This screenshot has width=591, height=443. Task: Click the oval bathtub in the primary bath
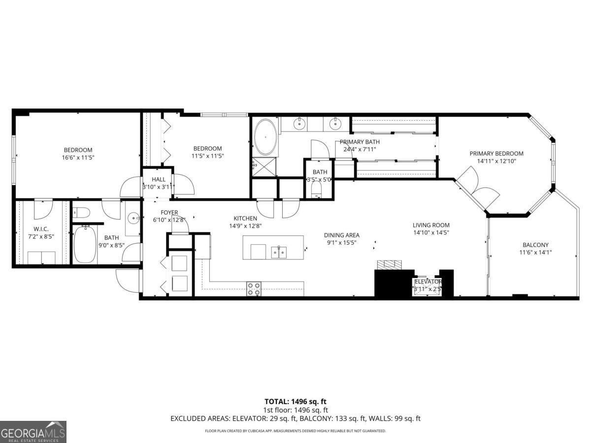pos(265,137)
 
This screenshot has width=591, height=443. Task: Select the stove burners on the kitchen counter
pos(254,289)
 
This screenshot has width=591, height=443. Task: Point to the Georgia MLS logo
pos(33,432)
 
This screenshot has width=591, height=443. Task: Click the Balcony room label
pos(535,245)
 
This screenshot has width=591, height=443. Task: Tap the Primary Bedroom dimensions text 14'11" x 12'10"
pos(496,160)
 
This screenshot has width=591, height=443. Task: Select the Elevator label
pos(427,282)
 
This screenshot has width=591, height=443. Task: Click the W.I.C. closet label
pos(41,228)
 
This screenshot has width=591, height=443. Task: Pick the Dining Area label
pos(341,235)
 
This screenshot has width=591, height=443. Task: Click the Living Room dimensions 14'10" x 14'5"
pos(431,232)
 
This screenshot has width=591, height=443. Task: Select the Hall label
pos(159,179)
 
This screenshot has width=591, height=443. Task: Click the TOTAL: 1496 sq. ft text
pos(295,401)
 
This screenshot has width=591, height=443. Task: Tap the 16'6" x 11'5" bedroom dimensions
pos(78,158)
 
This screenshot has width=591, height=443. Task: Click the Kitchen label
pos(245,219)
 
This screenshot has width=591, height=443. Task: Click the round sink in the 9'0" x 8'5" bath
pos(133,218)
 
